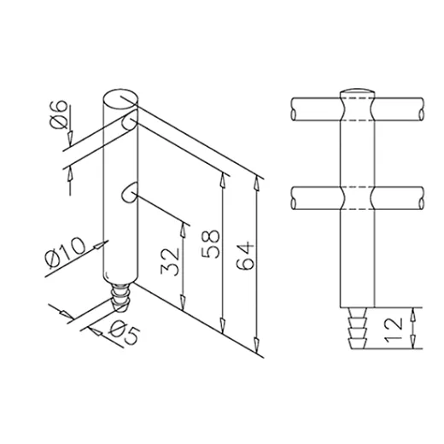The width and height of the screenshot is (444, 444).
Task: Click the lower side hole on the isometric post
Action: [x=128, y=193]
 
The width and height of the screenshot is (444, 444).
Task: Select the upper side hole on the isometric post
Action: [x=128, y=123]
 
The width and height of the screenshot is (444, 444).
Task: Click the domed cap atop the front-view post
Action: [x=358, y=91]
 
